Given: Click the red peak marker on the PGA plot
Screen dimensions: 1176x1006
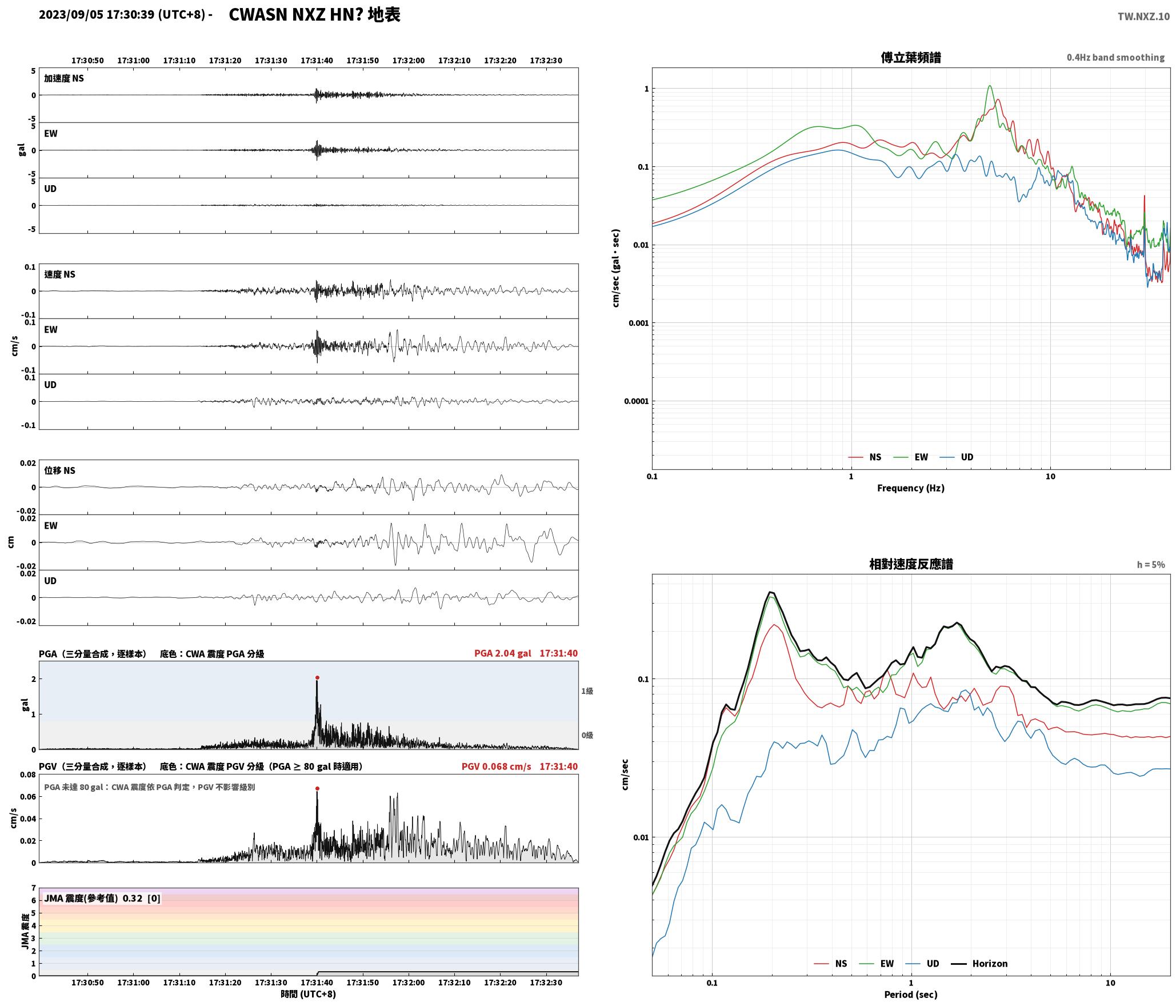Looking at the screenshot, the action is (317, 678).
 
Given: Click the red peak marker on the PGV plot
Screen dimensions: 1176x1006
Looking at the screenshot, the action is (317, 789).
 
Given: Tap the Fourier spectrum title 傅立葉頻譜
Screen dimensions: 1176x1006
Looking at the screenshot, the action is (911, 58).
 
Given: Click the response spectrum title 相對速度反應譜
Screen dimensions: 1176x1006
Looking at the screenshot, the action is (911, 564).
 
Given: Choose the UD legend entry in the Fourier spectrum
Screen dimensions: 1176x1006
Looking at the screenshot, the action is (957, 457).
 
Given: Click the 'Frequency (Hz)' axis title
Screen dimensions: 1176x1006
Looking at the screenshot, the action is (911, 488).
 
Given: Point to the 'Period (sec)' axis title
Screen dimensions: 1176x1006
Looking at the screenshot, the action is (911, 995).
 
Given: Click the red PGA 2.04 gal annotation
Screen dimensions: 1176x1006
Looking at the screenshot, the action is (502, 653).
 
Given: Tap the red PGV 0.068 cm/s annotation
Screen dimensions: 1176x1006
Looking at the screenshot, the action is (496, 767).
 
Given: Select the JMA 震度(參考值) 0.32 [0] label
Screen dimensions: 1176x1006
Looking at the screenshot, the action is (102, 899).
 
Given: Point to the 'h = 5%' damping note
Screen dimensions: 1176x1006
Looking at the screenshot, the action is (1151, 565).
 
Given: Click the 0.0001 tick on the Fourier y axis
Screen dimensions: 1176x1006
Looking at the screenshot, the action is (636, 401).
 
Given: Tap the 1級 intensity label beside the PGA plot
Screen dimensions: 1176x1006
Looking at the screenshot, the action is (587, 691).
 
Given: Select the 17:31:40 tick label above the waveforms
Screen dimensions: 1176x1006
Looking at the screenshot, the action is (317, 61).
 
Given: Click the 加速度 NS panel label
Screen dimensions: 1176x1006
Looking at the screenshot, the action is (64, 78).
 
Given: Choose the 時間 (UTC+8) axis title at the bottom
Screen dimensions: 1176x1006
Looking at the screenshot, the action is (309, 994).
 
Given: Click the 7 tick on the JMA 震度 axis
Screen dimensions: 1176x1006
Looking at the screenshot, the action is (34, 888).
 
